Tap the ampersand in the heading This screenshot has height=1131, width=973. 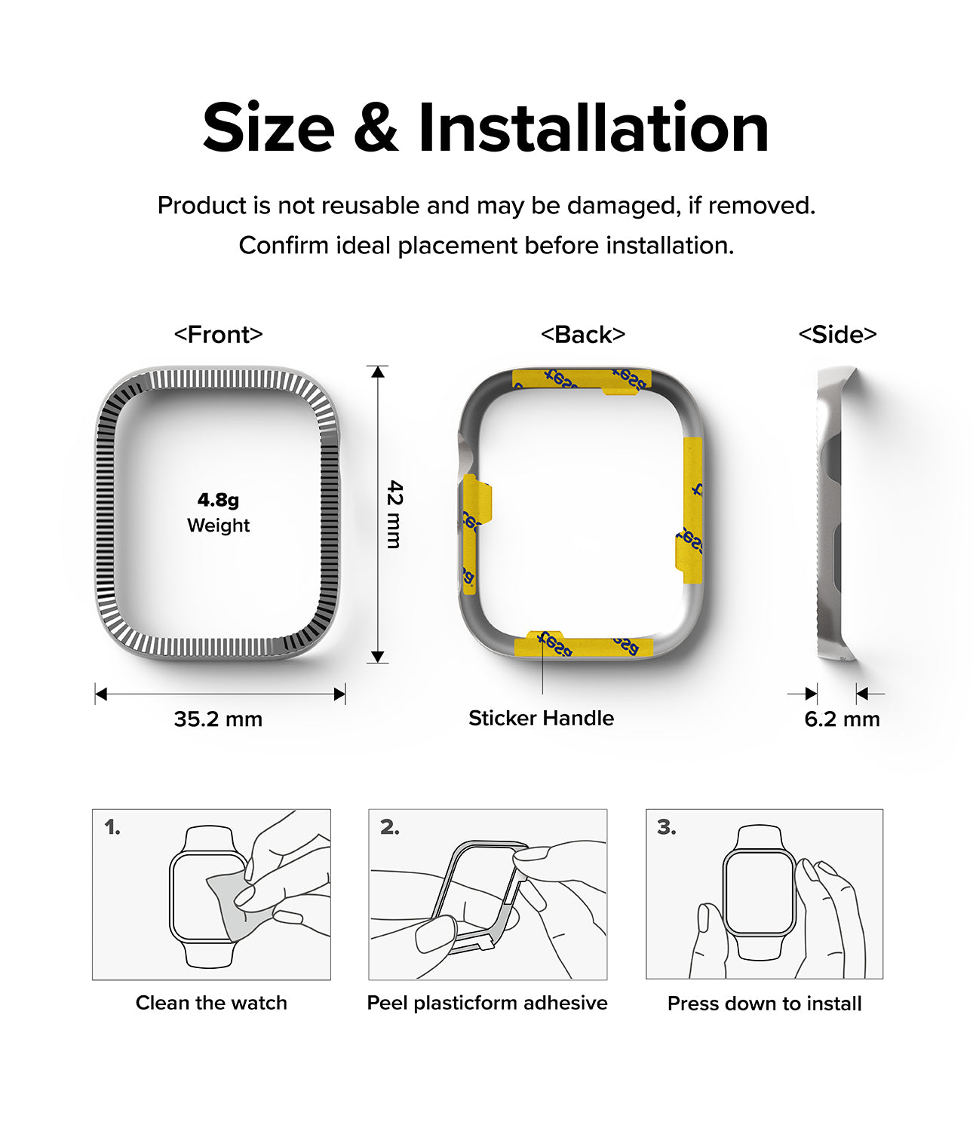pyautogui.click(x=375, y=128)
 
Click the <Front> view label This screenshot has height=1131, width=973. pyautogui.click(x=218, y=334)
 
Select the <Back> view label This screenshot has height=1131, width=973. pyautogui.click(x=583, y=334)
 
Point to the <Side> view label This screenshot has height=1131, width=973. pyautogui.click(x=837, y=334)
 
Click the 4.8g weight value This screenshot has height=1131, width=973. pyautogui.click(x=218, y=499)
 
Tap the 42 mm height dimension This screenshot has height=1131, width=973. pyautogui.click(x=394, y=514)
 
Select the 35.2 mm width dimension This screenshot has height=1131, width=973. pyautogui.click(x=218, y=719)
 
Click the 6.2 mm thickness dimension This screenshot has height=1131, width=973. pyautogui.click(x=842, y=719)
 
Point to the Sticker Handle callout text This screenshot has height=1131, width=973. pyautogui.click(x=541, y=718)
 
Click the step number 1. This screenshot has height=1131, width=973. pyautogui.click(x=112, y=827)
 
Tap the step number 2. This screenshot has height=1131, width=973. pyautogui.click(x=389, y=827)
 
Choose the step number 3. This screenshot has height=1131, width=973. pyautogui.click(x=666, y=827)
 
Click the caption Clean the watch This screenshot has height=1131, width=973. pyautogui.click(x=211, y=1003)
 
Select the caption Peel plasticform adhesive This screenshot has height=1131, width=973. pyautogui.click(x=487, y=1003)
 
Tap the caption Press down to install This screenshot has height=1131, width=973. pyautogui.click(x=764, y=1004)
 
